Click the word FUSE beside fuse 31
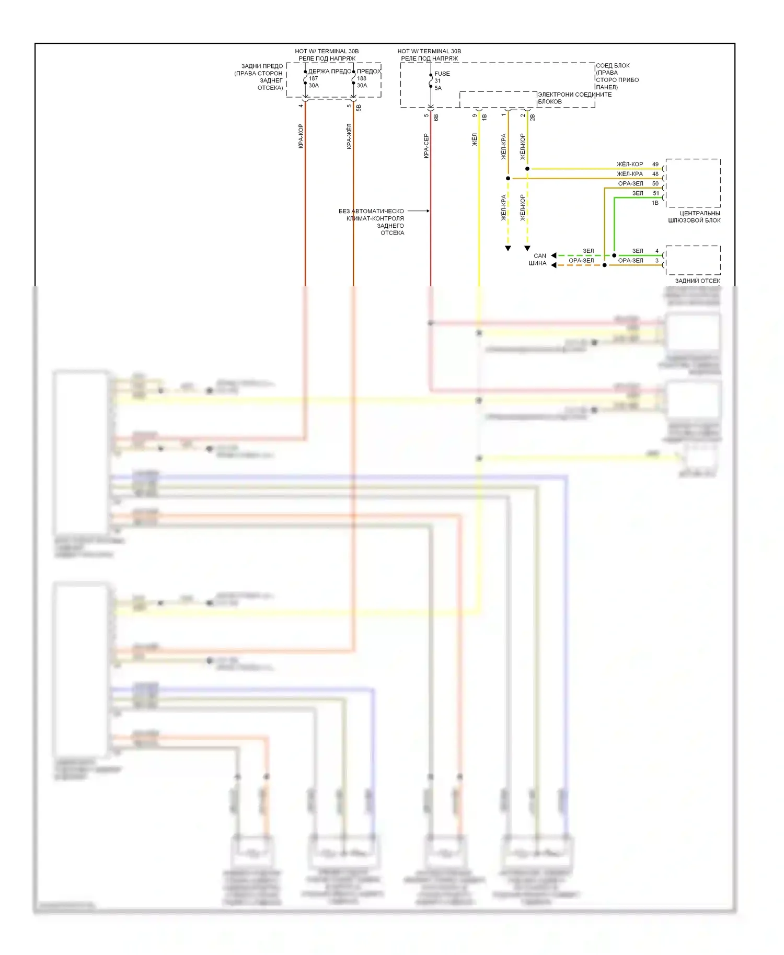442,74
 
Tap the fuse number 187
313,78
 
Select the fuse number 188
362,78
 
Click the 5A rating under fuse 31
438,88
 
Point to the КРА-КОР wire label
301,136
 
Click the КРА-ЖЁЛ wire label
349,136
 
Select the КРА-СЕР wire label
426,146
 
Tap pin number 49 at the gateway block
655,164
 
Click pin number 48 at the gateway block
655,174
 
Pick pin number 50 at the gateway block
655,183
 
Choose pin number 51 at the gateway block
656,193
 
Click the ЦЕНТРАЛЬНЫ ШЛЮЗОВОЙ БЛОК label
695,217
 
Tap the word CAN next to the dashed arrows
540,256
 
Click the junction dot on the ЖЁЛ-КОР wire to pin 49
527,169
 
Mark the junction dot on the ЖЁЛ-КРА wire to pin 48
508,178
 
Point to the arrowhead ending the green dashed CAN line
554,255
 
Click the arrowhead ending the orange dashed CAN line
554,265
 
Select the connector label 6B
436,118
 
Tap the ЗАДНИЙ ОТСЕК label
697,281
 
